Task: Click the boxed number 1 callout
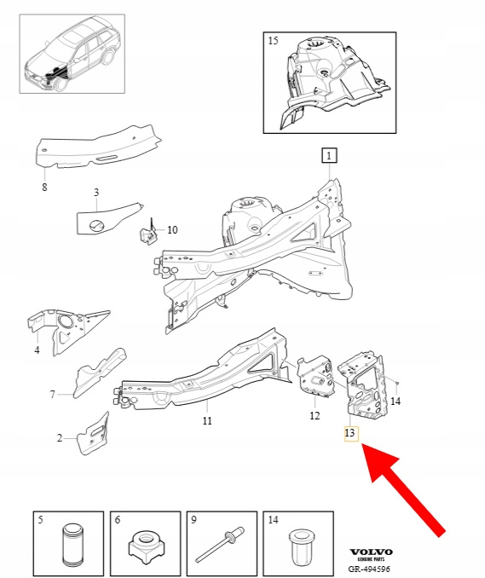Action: (329, 155)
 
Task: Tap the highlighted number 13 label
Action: (351, 433)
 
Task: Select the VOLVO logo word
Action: (371, 552)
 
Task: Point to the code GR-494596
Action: (369, 569)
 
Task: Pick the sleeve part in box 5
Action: (72, 545)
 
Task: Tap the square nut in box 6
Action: (147, 547)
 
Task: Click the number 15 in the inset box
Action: (273, 41)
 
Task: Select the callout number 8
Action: (44, 188)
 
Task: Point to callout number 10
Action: (172, 230)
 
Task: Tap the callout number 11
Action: (207, 420)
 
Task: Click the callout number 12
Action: (315, 416)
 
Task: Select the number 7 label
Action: (52, 395)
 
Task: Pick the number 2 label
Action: (60, 438)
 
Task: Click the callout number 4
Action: (37, 350)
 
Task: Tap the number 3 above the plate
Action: (96, 192)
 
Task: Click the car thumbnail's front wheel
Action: (61, 82)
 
